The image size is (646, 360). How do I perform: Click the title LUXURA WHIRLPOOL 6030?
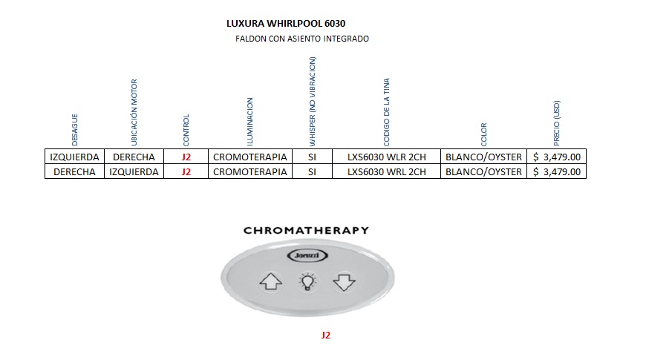pos(286,23)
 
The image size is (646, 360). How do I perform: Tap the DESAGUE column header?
pos(74,129)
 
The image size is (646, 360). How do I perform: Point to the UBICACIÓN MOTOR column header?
pos(134,112)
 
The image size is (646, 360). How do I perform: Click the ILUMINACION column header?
pos(249,121)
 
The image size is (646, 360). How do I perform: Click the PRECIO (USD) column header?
pos(558,122)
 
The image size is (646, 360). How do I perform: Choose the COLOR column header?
pos(484,134)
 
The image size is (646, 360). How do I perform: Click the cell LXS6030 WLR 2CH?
pos(387,157)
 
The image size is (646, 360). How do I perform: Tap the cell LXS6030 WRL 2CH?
pos(387,172)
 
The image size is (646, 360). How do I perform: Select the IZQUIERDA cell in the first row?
pos(74,157)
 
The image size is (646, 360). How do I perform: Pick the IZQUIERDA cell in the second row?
pos(134,172)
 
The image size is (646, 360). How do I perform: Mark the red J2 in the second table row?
pos(186,172)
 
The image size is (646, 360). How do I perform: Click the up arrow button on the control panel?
pos(270,282)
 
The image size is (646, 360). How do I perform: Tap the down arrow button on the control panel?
pos(344,282)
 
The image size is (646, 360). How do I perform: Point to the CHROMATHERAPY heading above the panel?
pos(306,230)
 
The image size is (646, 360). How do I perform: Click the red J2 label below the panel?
pos(325,336)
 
